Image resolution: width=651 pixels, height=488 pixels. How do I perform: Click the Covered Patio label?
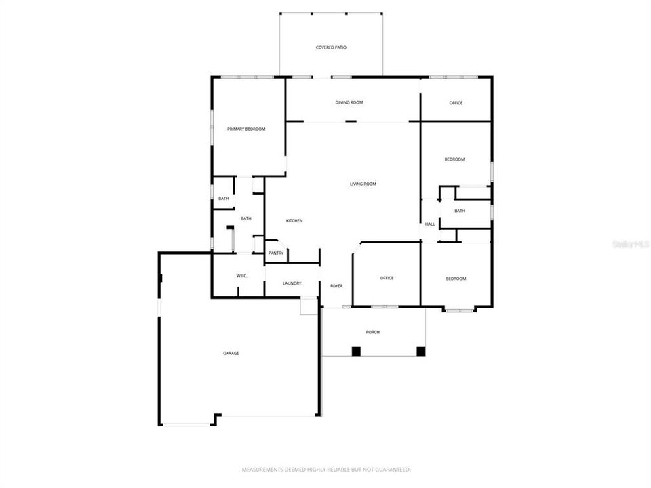(331, 47)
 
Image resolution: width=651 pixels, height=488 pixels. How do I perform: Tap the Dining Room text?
(349, 102)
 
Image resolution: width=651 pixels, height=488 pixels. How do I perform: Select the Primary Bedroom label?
(246, 129)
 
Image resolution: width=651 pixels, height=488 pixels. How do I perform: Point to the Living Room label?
(363, 184)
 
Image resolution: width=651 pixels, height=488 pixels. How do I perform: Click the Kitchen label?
(294, 221)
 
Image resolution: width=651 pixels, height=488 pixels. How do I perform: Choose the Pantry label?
(275, 253)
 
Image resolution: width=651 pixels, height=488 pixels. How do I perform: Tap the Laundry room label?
(292, 283)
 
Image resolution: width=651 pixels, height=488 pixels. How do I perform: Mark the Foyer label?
(336, 286)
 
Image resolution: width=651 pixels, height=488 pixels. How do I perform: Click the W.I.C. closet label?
(242, 276)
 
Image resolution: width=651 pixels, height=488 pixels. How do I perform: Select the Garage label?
(231, 353)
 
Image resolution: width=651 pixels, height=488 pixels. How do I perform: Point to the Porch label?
(372, 332)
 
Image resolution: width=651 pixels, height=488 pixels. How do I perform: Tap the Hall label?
(429, 224)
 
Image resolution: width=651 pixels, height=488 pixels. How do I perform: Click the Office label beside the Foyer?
(387, 278)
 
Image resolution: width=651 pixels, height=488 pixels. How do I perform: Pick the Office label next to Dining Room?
(456, 103)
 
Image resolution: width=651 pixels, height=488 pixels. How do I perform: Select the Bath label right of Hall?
(460, 211)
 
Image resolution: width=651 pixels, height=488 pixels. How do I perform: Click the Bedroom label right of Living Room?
(454, 159)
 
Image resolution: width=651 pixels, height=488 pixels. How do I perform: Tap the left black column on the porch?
(356, 351)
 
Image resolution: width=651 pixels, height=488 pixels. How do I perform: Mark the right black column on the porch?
(420, 351)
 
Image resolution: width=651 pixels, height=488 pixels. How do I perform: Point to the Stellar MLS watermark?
(630, 243)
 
